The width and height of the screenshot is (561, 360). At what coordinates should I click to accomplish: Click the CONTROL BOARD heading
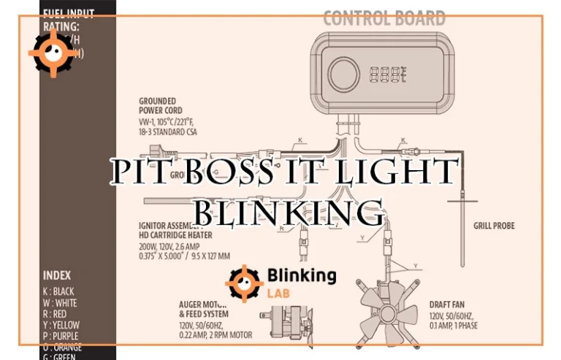click(x=384, y=18)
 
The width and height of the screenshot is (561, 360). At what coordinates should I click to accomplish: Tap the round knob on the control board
click(x=340, y=74)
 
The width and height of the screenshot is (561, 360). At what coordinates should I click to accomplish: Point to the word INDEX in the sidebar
click(x=58, y=276)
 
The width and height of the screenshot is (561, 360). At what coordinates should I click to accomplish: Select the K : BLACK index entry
click(x=58, y=291)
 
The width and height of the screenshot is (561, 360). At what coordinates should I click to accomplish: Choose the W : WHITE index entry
click(x=59, y=302)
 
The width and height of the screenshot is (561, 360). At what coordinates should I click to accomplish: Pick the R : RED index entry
click(x=56, y=313)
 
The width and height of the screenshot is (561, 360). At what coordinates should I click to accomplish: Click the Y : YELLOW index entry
click(x=61, y=324)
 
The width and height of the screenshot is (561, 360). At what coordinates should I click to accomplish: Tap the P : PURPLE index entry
click(x=61, y=336)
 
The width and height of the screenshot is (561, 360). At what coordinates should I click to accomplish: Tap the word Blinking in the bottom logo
click(x=301, y=275)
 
